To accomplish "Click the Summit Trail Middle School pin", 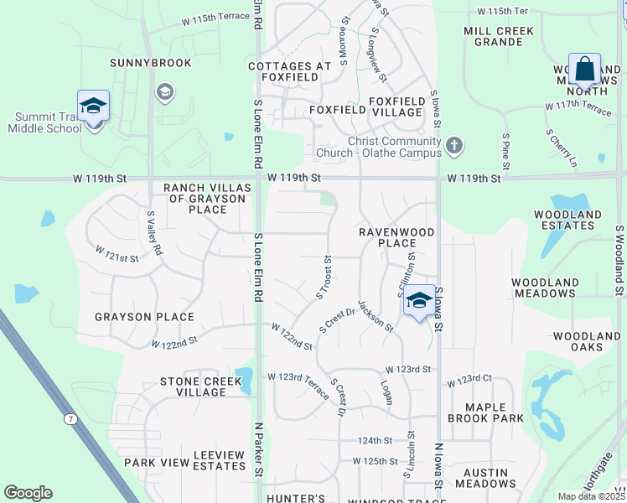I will [x=93, y=107].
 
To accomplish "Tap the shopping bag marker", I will [x=584, y=70].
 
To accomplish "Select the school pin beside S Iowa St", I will [x=418, y=302].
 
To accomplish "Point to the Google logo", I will [x=28, y=493].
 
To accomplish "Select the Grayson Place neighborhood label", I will [x=144, y=317].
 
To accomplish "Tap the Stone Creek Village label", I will [x=200, y=386].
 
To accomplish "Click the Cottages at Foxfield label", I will [x=283, y=71].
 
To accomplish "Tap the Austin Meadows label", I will [x=486, y=478].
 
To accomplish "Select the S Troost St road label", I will [x=324, y=277].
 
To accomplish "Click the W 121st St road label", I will [x=117, y=254].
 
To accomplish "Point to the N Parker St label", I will [x=259, y=462].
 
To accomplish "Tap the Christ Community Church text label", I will [x=378, y=148].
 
